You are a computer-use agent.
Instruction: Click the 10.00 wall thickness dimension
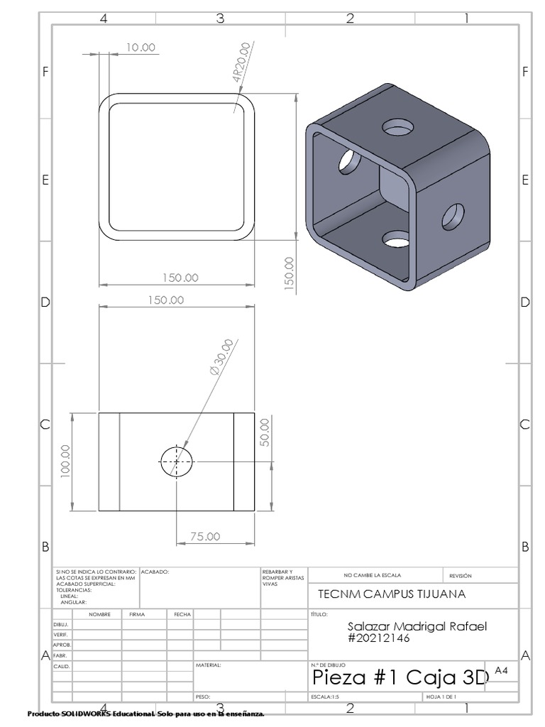click(140, 47)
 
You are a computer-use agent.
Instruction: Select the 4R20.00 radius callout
click(242, 63)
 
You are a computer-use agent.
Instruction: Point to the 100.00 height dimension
click(65, 461)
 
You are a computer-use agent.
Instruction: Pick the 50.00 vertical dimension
click(265, 432)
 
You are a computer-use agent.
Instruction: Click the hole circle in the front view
click(175, 461)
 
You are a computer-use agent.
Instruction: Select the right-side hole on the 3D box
click(453, 217)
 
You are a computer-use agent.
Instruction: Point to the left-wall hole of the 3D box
click(348, 161)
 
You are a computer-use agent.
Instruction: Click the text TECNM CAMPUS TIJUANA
click(382, 594)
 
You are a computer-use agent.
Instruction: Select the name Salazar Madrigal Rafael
click(419, 625)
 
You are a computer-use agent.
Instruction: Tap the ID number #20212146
click(379, 638)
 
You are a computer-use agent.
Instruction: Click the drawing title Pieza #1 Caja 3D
click(400, 678)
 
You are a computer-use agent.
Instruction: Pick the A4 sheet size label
click(502, 669)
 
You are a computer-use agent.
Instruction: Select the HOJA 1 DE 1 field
click(441, 697)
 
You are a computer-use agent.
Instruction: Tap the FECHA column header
click(180, 614)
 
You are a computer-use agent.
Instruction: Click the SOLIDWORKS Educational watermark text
click(145, 713)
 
